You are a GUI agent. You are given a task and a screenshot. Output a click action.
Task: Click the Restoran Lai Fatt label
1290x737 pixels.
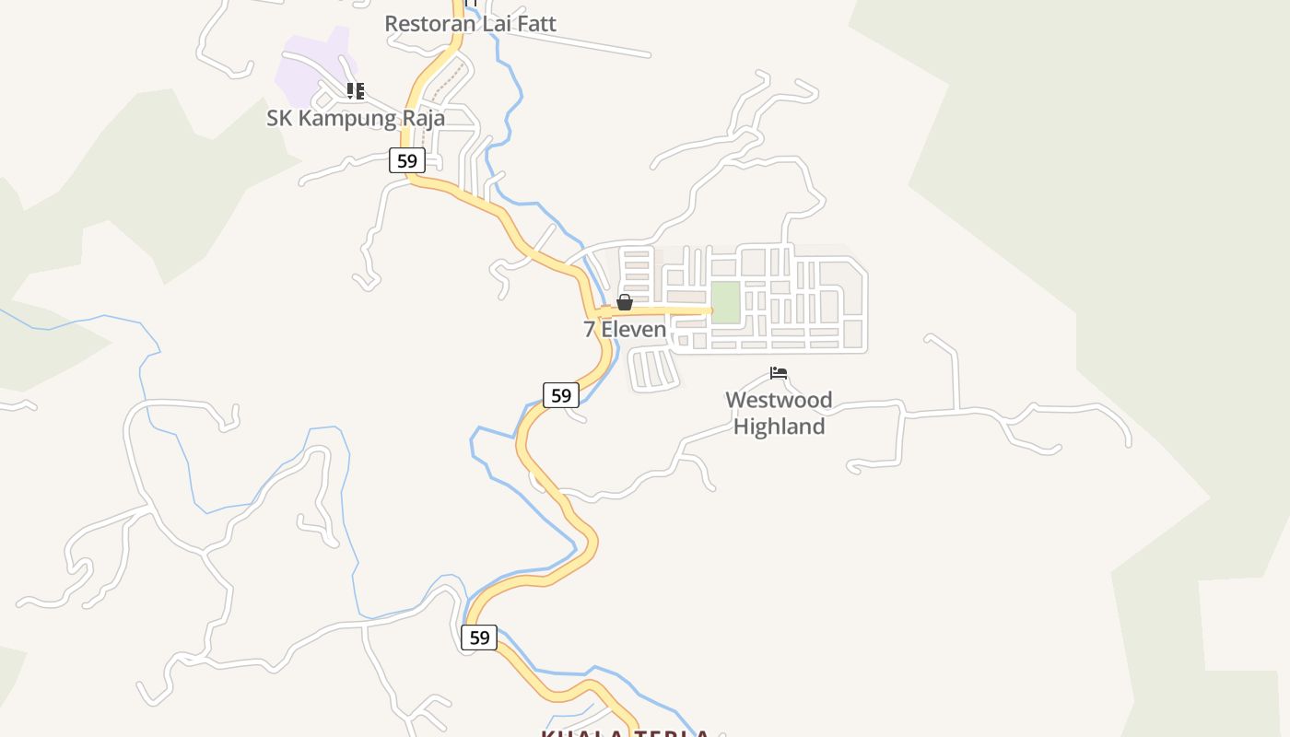tap(470, 23)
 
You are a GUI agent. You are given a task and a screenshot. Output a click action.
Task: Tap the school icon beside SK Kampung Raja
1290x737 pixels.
tap(356, 90)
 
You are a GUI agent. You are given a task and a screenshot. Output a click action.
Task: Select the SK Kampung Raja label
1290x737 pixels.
tap(356, 118)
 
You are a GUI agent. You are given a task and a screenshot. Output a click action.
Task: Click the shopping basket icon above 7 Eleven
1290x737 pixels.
tap(625, 302)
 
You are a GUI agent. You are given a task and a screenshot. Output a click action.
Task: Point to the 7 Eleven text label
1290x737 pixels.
tap(625, 329)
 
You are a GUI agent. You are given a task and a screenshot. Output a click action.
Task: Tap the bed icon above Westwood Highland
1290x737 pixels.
tap(779, 373)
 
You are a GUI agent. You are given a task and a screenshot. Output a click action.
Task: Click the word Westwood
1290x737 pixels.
tap(779, 400)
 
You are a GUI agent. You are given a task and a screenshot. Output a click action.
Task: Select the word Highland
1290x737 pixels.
tap(779, 427)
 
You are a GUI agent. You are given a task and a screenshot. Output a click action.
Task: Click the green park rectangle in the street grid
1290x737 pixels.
tap(726, 302)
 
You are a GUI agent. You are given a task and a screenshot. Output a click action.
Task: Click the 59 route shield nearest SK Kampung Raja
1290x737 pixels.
tap(406, 160)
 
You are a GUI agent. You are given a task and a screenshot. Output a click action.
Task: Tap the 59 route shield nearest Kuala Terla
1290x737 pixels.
tap(479, 637)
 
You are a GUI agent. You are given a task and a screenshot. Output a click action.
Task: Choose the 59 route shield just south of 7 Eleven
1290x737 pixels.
tap(560, 395)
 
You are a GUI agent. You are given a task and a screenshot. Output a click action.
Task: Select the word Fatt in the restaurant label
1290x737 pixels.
tap(535, 23)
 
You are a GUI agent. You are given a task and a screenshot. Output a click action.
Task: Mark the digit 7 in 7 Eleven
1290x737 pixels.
tap(590, 329)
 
